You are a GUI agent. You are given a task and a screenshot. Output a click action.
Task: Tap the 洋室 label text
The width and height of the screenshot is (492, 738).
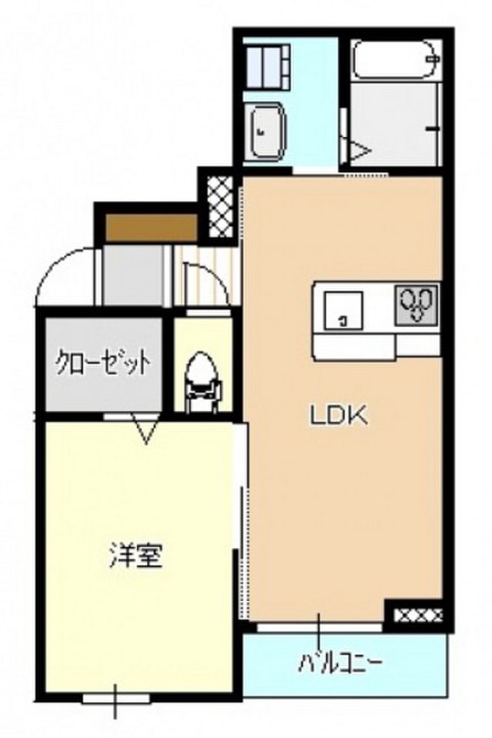coord(135,555)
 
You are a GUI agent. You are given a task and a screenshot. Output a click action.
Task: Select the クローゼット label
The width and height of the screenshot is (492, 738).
coord(104,361)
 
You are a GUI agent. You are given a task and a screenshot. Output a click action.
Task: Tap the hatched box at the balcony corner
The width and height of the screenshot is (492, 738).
coord(416,615)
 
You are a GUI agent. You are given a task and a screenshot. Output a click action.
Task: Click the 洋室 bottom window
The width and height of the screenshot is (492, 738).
coord(116,697)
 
